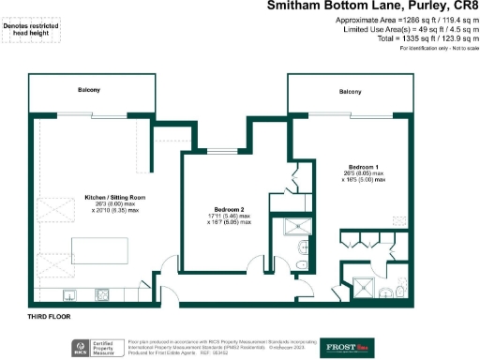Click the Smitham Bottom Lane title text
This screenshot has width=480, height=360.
tap(372, 7)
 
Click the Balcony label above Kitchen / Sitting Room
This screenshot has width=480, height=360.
tap(90, 90)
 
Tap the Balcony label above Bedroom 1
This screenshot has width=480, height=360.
tap(350, 91)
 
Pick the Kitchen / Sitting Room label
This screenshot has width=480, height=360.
tap(116, 197)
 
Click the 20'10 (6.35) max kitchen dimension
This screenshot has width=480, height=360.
tap(115, 211)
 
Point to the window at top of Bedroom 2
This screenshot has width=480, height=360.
tap(221, 152)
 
